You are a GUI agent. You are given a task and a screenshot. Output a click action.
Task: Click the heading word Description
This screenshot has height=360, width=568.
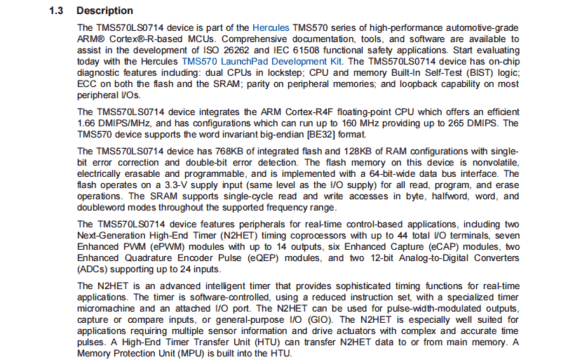tap(104, 11)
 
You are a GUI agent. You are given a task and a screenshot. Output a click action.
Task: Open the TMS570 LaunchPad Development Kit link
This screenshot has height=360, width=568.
tap(262, 61)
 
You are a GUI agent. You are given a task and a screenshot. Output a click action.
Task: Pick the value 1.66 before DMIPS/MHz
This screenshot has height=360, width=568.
tap(90, 123)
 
